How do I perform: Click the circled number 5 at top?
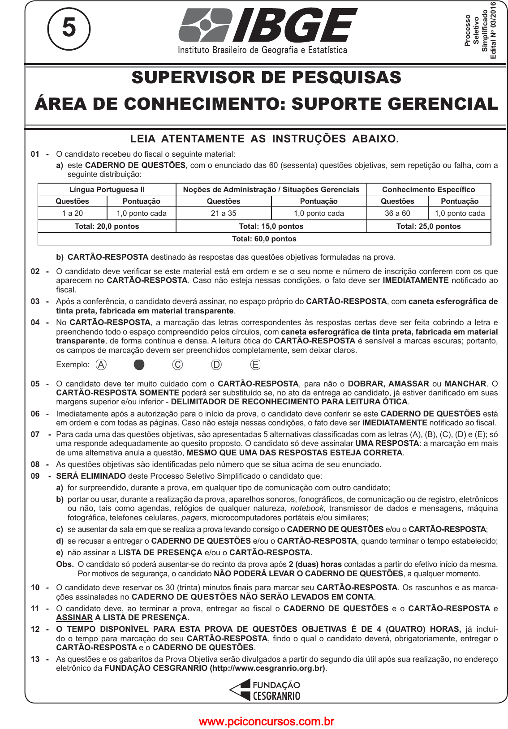[x=69, y=28]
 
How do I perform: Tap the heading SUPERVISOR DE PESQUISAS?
[x=266, y=77]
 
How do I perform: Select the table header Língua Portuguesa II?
[x=107, y=189]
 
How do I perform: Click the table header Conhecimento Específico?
[x=428, y=189]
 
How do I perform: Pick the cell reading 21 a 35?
[x=224, y=213]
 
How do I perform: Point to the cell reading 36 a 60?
[x=397, y=213]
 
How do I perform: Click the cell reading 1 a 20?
[x=73, y=213]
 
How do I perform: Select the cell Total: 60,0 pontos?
[x=264, y=239]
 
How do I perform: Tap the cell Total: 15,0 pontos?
[x=271, y=226]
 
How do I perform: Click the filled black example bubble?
[x=139, y=365]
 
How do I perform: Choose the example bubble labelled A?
[x=101, y=365]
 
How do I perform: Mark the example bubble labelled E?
[x=255, y=365]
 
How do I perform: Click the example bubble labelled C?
[x=177, y=365]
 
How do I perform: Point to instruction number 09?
[x=35, y=476]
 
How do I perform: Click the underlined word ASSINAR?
[x=74, y=618]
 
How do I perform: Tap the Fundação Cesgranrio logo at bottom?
[x=265, y=690]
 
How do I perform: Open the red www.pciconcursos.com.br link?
[x=266, y=721]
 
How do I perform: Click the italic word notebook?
[x=307, y=508]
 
